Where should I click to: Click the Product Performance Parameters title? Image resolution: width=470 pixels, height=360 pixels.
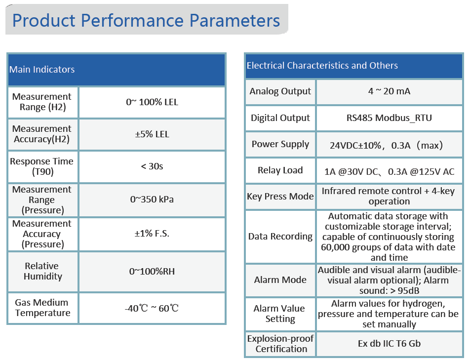point(146,21)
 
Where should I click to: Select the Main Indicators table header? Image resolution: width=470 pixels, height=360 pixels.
point(42,70)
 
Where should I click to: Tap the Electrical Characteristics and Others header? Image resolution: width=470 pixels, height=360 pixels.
point(322,66)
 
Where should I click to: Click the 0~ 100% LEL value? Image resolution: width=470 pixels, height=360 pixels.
point(152,102)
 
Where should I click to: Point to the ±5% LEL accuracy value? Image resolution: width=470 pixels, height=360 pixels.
point(152,134)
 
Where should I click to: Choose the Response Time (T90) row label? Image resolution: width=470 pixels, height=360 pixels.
point(42,166)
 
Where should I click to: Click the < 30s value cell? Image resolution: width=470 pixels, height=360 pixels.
point(152,166)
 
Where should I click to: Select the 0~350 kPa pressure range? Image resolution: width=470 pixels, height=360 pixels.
point(152,200)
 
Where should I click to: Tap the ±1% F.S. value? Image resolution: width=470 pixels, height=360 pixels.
point(152,234)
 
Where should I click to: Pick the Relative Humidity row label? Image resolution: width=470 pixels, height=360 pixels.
point(42,271)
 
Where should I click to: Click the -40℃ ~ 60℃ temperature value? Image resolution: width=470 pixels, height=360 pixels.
point(152,308)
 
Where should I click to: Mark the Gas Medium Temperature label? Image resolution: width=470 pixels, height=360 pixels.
point(42,308)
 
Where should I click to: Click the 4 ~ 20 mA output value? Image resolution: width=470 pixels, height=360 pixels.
point(389,91)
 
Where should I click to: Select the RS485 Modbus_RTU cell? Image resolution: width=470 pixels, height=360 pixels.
point(389,118)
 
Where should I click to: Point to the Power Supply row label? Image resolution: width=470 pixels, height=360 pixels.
point(280,144)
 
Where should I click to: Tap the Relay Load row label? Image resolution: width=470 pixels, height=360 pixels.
point(280,170)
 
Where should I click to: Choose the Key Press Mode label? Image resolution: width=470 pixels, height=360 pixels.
point(280,197)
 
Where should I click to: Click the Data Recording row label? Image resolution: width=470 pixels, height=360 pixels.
point(280,237)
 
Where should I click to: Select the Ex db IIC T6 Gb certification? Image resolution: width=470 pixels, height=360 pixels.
point(389,343)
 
